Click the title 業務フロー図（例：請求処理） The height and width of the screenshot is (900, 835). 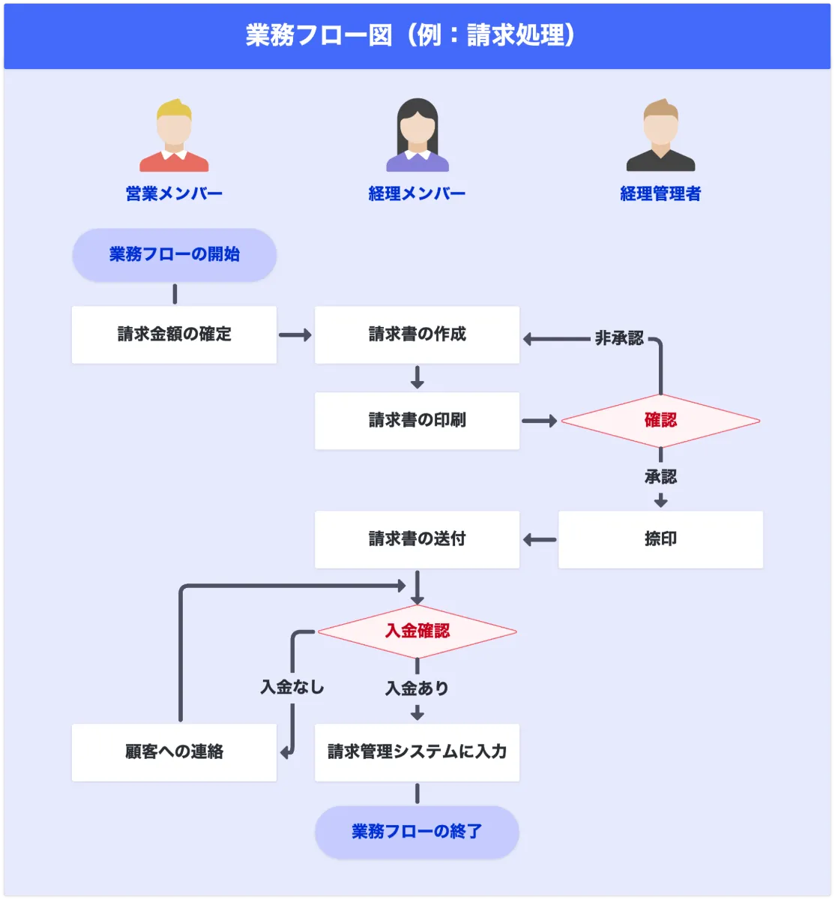click(411, 35)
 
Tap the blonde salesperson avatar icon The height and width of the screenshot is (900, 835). click(174, 136)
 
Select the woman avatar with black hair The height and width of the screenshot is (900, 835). click(417, 136)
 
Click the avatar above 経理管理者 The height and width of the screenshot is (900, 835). click(660, 136)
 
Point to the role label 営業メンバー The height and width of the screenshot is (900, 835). click(174, 193)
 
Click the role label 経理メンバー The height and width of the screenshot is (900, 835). click(417, 193)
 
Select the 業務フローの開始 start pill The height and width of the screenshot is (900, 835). click(174, 255)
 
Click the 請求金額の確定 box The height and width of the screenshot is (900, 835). click(174, 334)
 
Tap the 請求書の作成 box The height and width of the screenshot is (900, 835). click(417, 334)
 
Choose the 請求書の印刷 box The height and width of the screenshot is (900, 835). click(417, 421)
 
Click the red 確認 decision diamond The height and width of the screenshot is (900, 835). click(660, 421)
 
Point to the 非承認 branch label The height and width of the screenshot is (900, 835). click(619, 339)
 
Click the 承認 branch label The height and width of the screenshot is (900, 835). click(660, 477)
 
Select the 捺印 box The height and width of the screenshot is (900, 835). click(660, 539)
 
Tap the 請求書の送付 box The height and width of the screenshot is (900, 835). click(417, 539)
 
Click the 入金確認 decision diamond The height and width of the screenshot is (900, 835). click(417, 631)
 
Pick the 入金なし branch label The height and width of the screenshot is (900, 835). click(292, 687)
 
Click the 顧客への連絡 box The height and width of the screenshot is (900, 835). click(174, 752)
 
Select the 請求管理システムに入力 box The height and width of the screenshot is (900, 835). click(417, 752)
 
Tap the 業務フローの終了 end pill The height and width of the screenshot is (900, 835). click(417, 832)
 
